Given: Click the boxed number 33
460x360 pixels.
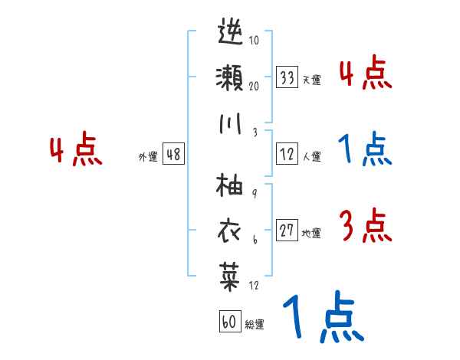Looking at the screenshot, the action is (x=287, y=77).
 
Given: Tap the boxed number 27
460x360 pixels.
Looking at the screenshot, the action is (x=287, y=231).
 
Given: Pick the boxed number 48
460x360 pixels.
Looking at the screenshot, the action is (x=173, y=155).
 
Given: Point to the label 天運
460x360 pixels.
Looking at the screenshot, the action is (x=311, y=80).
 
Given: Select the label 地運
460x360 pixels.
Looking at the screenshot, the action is (x=311, y=233).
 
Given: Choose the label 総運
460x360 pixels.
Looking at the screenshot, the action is (x=255, y=324).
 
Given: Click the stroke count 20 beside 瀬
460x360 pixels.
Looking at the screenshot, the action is (x=254, y=86).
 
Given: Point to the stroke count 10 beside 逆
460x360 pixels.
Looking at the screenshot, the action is (x=254, y=41).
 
